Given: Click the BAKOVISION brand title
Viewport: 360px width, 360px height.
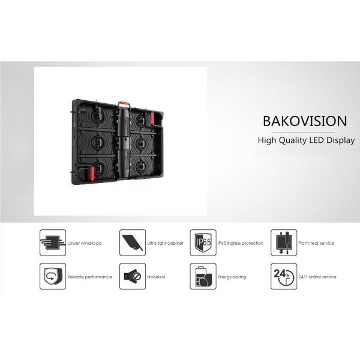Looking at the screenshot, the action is (305, 121).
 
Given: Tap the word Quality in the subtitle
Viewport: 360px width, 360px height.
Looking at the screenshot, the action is (292, 140).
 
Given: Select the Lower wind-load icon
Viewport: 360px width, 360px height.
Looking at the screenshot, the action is (53, 242).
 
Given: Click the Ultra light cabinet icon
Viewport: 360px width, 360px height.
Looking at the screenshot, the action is (133, 242).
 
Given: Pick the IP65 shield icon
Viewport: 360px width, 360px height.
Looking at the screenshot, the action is (203, 242).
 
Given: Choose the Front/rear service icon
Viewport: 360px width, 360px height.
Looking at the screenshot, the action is (284, 242).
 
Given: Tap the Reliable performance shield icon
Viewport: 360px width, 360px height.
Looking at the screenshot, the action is (53, 276).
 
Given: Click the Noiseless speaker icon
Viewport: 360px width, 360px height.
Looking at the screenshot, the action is (133, 276).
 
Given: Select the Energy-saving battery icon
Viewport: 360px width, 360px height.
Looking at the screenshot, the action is (203, 276).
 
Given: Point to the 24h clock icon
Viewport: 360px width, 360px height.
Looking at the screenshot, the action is (284, 276).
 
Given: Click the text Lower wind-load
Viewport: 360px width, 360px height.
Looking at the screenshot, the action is (85, 243).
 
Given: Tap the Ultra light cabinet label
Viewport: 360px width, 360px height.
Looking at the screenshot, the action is (166, 243).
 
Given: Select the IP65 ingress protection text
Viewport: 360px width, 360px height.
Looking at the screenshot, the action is (241, 243).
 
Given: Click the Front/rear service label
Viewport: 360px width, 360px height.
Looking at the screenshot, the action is (316, 243).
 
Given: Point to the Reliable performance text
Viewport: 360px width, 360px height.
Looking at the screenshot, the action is (90, 277).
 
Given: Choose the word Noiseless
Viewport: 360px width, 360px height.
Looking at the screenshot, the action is (156, 277).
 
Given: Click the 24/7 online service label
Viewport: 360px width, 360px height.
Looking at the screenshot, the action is (317, 277).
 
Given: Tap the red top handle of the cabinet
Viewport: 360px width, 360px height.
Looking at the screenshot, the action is (124, 103).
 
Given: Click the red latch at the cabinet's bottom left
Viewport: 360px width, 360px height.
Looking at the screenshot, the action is (92, 174).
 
